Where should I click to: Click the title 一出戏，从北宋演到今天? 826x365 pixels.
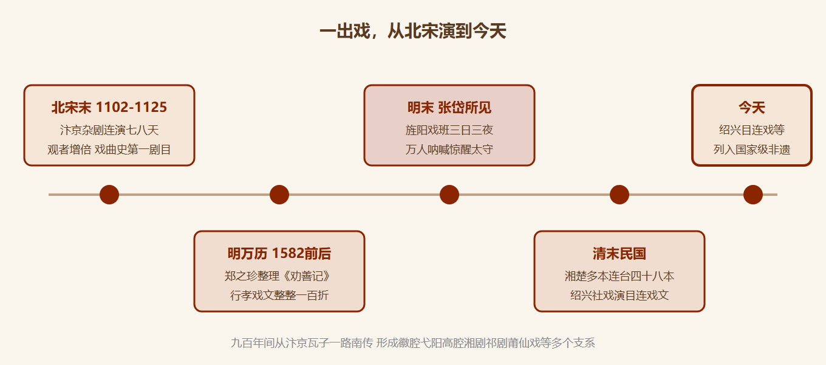[x=412, y=30]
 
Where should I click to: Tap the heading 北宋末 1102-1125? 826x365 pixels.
[x=109, y=107]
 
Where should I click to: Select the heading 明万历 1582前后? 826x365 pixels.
[x=279, y=254]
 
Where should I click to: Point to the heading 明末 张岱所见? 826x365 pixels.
[x=449, y=108]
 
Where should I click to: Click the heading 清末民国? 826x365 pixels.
[x=619, y=254]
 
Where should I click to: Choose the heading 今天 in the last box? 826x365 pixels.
[x=751, y=108]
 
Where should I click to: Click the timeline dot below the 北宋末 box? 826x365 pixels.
[x=109, y=194]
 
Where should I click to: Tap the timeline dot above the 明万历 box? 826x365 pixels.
[x=279, y=194]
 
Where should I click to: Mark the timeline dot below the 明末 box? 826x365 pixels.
[x=449, y=194]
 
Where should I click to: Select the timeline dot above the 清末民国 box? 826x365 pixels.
[x=619, y=194]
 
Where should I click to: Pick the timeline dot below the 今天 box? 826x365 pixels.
[x=753, y=194]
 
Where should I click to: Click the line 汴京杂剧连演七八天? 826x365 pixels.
[x=109, y=130]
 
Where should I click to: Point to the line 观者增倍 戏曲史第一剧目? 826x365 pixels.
[x=109, y=149]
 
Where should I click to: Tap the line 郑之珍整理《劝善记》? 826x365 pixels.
[x=279, y=276]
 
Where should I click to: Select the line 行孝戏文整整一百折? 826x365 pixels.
[x=279, y=295]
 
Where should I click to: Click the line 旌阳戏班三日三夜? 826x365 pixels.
[x=449, y=130]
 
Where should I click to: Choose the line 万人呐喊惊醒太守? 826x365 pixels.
[x=449, y=149]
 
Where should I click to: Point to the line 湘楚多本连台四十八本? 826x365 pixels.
[x=619, y=276]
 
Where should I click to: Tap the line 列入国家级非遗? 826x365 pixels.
[x=751, y=149]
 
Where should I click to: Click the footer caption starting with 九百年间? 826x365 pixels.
[x=412, y=343]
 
